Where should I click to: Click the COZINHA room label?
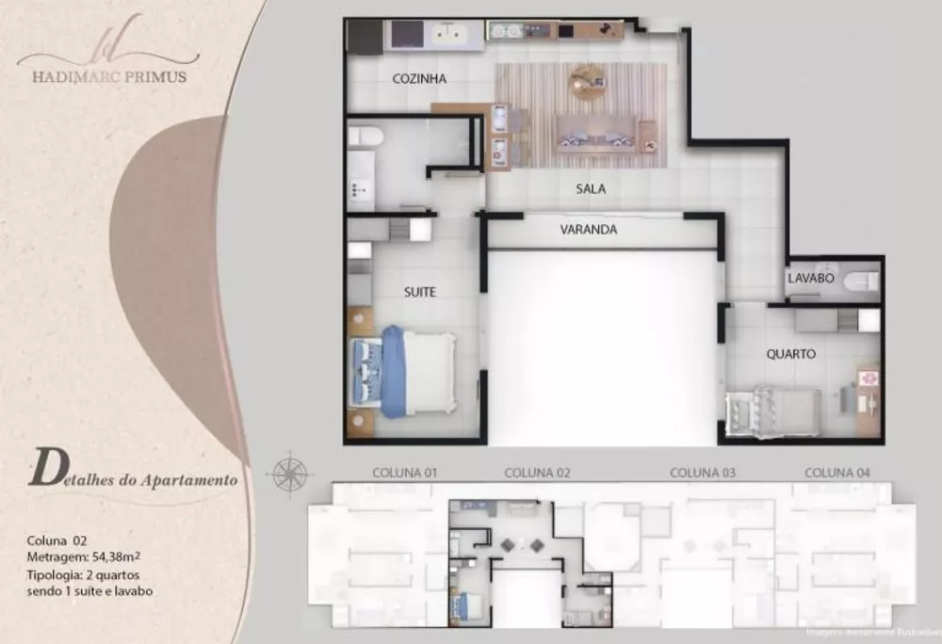point(419,79)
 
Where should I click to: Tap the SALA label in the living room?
point(591,189)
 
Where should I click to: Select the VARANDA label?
point(588,229)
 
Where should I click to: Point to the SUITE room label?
point(419,292)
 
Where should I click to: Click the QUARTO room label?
point(790,355)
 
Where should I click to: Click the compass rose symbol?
point(289,472)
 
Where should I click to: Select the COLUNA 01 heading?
point(404,473)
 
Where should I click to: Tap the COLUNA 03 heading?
point(702,472)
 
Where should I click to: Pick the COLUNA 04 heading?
point(836,472)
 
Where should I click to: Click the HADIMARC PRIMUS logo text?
point(102,77)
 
